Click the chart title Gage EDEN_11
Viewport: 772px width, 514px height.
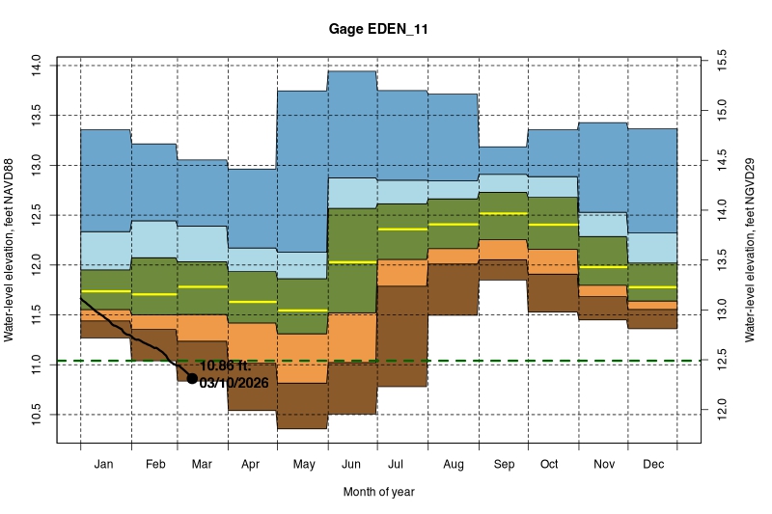[x=378, y=30]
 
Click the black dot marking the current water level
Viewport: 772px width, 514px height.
[x=192, y=379]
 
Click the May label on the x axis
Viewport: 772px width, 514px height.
[x=303, y=464]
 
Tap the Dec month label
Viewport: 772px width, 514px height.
[x=651, y=464]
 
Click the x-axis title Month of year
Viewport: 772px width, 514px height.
[x=378, y=492]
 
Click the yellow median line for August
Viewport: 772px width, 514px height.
[x=453, y=224]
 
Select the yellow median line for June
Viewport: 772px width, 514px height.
[x=352, y=262]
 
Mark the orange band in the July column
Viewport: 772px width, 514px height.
[x=402, y=272]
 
